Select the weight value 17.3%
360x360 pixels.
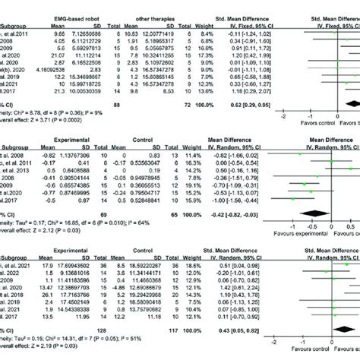(x=196, y=55)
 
